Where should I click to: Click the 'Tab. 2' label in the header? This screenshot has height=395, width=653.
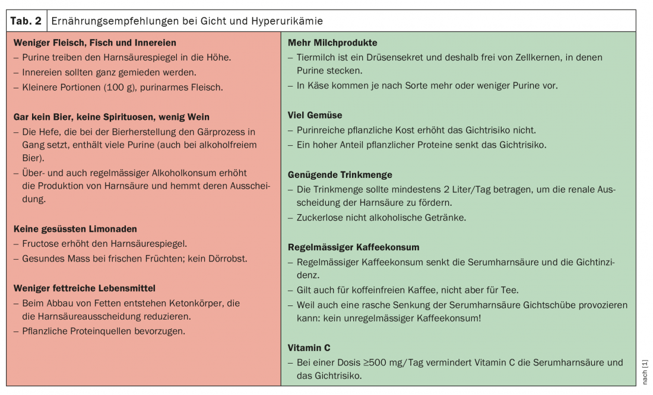point(26,21)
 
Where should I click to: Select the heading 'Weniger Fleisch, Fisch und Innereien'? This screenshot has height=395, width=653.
point(95,43)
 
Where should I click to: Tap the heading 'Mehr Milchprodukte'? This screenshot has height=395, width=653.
point(332,43)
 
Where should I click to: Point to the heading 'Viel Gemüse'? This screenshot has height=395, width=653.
point(315,115)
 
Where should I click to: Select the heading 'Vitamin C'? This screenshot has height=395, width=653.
point(309,348)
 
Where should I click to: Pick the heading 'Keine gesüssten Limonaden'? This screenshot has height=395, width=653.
point(75,229)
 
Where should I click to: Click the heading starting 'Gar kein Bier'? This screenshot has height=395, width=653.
point(112,117)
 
